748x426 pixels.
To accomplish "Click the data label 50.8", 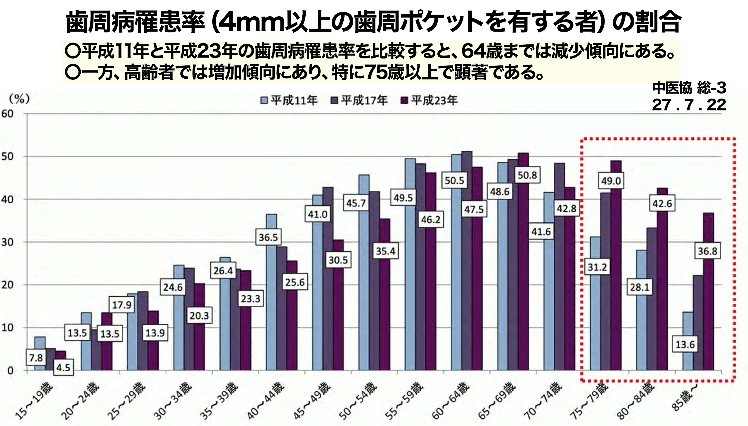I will pos(527,175).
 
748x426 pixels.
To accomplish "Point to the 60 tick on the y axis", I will pos(8,114).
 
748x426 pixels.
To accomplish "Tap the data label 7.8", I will pos(36,358).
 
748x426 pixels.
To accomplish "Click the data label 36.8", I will pos(707,251).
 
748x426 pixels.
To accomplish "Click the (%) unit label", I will pos(19,99).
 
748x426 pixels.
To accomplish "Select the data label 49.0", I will pos(611,181).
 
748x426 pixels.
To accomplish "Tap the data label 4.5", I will pos(63,368).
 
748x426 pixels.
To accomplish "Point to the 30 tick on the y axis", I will pos(8,242).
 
